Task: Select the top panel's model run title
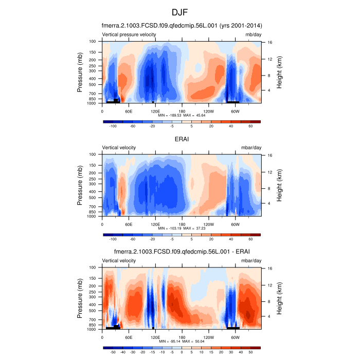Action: tap(182, 25)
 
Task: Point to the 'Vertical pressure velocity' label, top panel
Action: tap(129, 34)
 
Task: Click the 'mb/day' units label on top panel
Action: tap(253, 34)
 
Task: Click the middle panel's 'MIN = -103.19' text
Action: tap(172, 228)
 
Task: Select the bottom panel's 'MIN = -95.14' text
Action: tap(172, 341)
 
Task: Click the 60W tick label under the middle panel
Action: tap(235, 224)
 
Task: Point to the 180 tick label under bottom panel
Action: tap(182, 337)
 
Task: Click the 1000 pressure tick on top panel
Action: tap(93, 103)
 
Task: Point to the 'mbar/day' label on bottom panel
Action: tap(251, 261)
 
